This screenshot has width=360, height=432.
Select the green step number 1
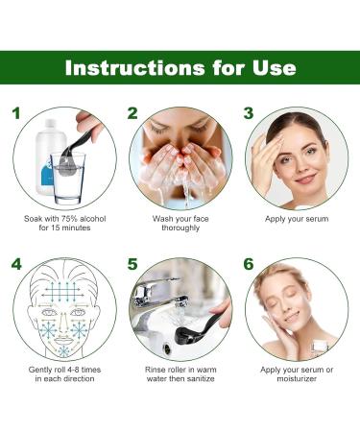15,113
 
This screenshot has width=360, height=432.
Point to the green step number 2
132,113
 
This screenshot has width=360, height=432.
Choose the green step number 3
248,113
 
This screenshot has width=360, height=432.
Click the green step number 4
16,263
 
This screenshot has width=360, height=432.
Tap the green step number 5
132,263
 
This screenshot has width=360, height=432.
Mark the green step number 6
248,263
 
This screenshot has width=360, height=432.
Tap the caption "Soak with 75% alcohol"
64,219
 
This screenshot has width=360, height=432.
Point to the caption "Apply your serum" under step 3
296,219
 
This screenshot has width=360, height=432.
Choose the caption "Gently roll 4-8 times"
64,369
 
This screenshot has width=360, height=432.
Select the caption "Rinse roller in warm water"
180,369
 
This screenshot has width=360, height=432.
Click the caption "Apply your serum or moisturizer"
296,374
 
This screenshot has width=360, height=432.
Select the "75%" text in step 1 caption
72,219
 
